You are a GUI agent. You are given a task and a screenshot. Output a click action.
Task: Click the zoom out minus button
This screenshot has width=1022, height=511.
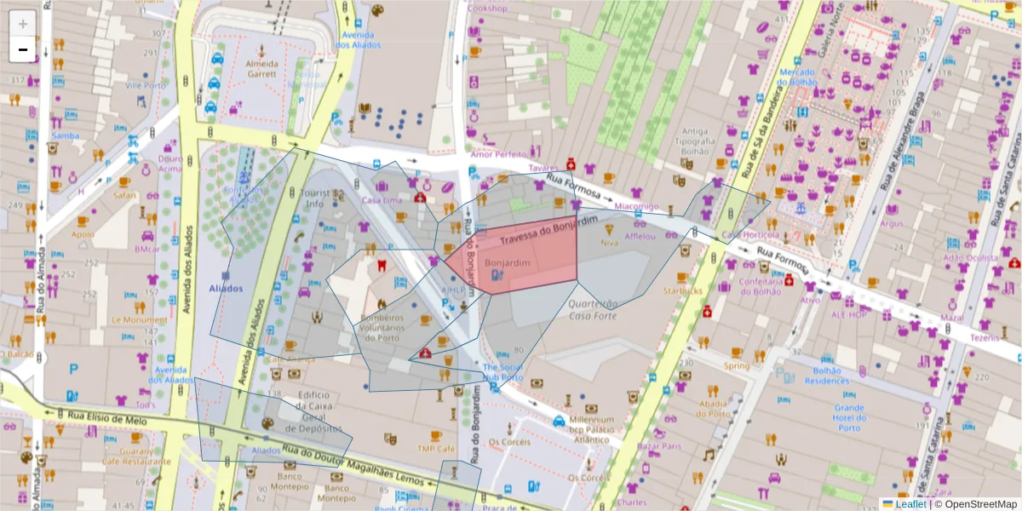pos(23,49)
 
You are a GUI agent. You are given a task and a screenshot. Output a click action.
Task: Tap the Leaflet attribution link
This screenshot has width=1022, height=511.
pos(910,504)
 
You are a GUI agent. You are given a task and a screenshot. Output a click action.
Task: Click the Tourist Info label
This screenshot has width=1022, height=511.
pos(321,198)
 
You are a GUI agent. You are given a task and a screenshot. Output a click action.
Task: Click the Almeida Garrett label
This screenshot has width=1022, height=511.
pos(261,69)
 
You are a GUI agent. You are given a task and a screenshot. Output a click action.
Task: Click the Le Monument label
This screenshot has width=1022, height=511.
pos(140,320)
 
